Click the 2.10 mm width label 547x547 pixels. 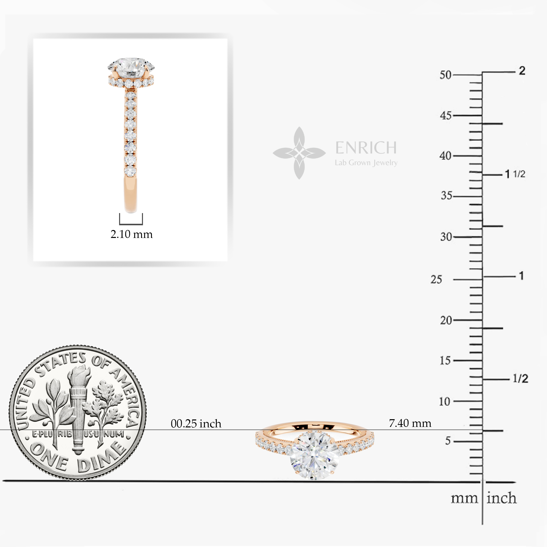pyautogui.click(x=131, y=234)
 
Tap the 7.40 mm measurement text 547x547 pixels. pyautogui.click(x=410, y=423)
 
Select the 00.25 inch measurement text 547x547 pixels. pyautogui.click(x=196, y=424)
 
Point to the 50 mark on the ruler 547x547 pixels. pyautogui.click(x=445, y=75)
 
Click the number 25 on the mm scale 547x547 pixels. pyautogui.click(x=436, y=279)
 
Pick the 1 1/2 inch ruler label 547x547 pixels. pyautogui.click(x=515, y=174)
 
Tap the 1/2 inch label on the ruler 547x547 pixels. pyautogui.click(x=520, y=378)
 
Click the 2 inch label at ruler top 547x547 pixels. pyautogui.click(x=522, y=71)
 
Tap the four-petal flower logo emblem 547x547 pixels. pyautogui.click(x=299, y=153)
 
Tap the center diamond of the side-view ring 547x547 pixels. pyautogui.click(x=131, y=67)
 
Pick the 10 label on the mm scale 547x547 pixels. pyautogui.click(x=445, y=402)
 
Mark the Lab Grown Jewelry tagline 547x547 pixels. pyautogui.click(x=366, y=163)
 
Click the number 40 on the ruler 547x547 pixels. pyautogui.click(x=445, y=156)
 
